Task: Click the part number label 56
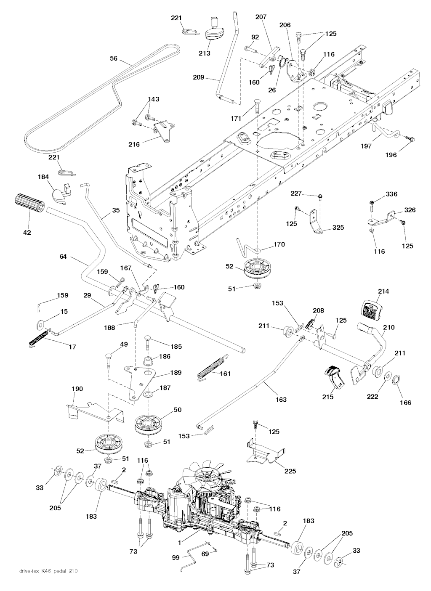pyautogui.click(x=114, y=59)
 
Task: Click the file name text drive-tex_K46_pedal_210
pyautogui.click(x=48, y=571)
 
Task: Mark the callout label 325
pyautogui.click(x=338, y=228)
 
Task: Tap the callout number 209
pyautogui.click(x=199, y=77)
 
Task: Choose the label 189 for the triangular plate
pyautogui.click(x=176, y=372)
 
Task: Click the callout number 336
pyautogui.click(x=391, y=194)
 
